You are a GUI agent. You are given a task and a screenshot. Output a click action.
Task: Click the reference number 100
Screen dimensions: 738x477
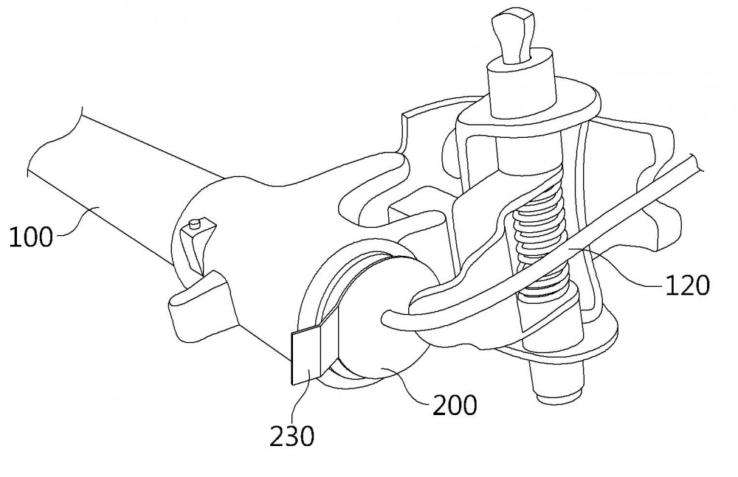coord(31,237)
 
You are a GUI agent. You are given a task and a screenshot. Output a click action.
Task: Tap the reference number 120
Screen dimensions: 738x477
coord(686,285)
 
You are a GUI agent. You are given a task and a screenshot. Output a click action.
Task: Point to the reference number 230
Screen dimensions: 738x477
coord(292,436)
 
